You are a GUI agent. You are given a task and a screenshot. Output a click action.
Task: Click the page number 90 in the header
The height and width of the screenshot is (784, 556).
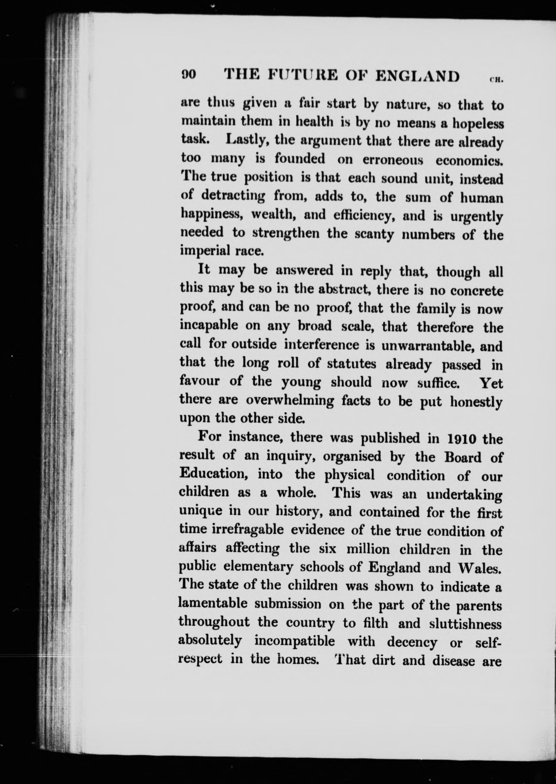pos(189,75)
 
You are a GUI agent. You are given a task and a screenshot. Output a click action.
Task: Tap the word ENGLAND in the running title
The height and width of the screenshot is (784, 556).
pos(417,76)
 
